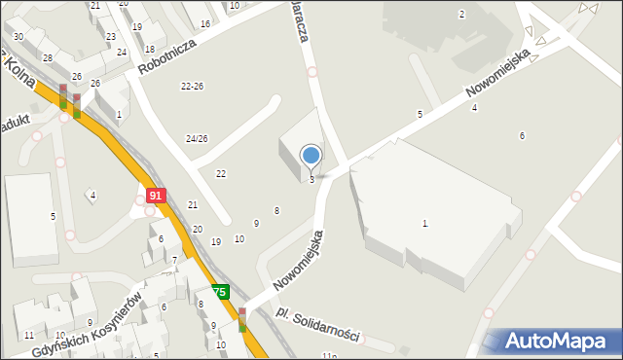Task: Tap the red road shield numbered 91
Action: pos(154,196)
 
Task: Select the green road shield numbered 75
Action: pos(219,292)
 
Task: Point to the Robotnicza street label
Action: pos(167,57)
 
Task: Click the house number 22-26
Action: pos(192,87)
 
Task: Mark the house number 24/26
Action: pos(197,139)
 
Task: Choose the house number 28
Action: pos(48,58)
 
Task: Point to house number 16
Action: pos(204,23)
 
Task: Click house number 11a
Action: pos(332,357)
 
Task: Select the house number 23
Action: pos(111,36)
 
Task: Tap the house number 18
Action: pos(149,49)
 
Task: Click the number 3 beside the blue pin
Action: pos(311,180)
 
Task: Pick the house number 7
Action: pos(174,260)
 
